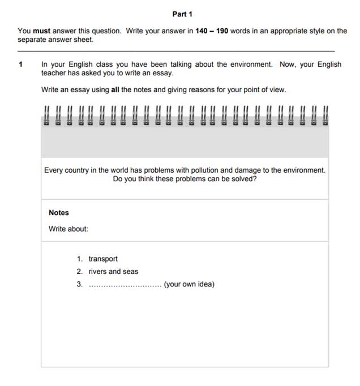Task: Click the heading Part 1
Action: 182,14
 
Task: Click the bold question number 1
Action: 20,65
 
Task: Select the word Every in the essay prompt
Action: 55,170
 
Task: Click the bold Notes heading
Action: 59,213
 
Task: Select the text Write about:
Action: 68,229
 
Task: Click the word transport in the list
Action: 103,259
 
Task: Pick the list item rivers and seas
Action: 113,272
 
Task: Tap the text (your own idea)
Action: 189,284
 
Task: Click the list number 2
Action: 80,272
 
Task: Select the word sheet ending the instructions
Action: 83,40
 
